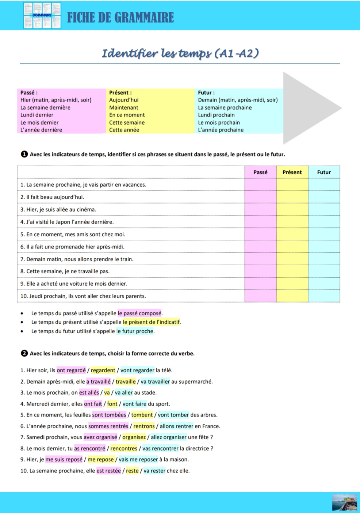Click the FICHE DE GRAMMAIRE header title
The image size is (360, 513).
point(120,17)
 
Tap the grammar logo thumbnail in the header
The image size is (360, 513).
point(42,16)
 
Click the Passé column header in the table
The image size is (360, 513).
point(260,172)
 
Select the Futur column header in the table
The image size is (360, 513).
point(324,172)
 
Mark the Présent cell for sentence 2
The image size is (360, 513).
point(292,197)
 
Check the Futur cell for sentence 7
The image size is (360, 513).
point(324,259)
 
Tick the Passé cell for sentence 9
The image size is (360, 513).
point(260,284)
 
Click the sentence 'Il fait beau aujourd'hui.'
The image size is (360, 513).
point(55,197)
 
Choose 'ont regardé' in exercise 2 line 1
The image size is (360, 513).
point(71,370)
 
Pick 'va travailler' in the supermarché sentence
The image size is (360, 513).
point(155,381)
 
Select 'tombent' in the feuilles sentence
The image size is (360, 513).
point(142,415)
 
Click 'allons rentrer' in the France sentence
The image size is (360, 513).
point(176,426)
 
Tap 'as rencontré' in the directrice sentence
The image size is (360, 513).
point(90,448)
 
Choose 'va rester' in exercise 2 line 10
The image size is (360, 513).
point(154,471)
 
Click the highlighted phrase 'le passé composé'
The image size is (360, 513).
point(139,313)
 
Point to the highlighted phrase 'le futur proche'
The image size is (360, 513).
point(135,331)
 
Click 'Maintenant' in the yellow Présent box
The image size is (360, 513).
point(124,107)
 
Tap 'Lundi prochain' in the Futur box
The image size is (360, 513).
point(217,115)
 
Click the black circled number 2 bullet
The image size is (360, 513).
point(24,353)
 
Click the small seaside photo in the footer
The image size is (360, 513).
point(345,502)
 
